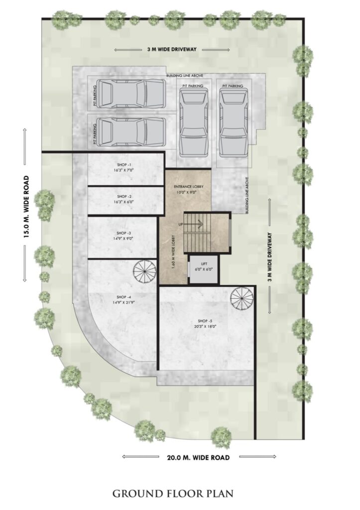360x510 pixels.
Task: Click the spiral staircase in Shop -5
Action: click(x=240, y=297)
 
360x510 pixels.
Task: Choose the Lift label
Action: click(x=204, y=264)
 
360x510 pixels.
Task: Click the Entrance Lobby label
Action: click(x=189, y=187)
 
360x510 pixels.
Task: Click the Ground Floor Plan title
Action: click(x=173, y=493)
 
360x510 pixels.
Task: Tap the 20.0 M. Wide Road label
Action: click(x=198, y=457)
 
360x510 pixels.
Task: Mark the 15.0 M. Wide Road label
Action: click(x=27, y=207)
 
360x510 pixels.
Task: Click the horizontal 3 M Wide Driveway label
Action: click(x=172, y=49)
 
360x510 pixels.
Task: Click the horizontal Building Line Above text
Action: click(x=185, y=76)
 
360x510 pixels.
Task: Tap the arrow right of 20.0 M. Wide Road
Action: click(x=257, y=457)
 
